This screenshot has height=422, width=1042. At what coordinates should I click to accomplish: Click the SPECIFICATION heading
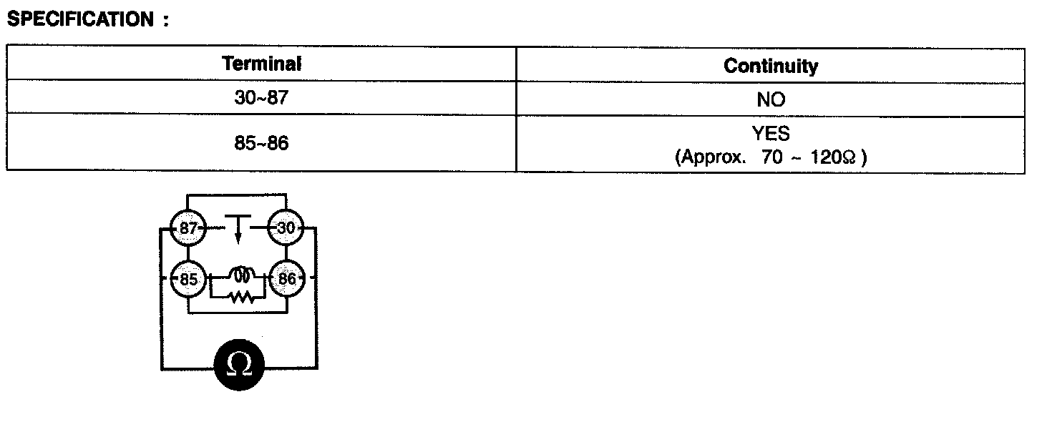coord(79,19)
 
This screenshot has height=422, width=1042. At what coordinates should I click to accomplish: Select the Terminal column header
coord(262,64)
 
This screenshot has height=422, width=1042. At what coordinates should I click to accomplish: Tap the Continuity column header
coord(771,66)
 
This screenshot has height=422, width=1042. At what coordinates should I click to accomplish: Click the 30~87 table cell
coord(261,98)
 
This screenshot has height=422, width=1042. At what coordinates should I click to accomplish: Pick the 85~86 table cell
coord(261,143)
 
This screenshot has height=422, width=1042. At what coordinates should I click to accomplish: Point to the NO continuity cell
coord(771,100)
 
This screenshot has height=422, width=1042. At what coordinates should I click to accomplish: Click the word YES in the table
coord(771,134)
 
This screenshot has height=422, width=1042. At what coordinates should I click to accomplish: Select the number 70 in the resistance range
coord(773,157)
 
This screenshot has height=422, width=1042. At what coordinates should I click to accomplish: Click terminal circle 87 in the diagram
coord(188,229)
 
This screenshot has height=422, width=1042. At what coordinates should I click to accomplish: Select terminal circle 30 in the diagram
coord(286,229)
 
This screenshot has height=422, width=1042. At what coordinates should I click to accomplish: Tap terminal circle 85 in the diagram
coord(188,279)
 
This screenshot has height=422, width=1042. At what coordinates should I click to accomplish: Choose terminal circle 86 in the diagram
coord(286,279)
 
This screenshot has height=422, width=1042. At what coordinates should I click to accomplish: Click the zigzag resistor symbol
coord(242,296)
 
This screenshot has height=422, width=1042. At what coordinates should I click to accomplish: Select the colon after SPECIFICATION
coord(166,21)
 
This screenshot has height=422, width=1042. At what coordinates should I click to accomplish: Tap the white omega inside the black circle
coord(239,364)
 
